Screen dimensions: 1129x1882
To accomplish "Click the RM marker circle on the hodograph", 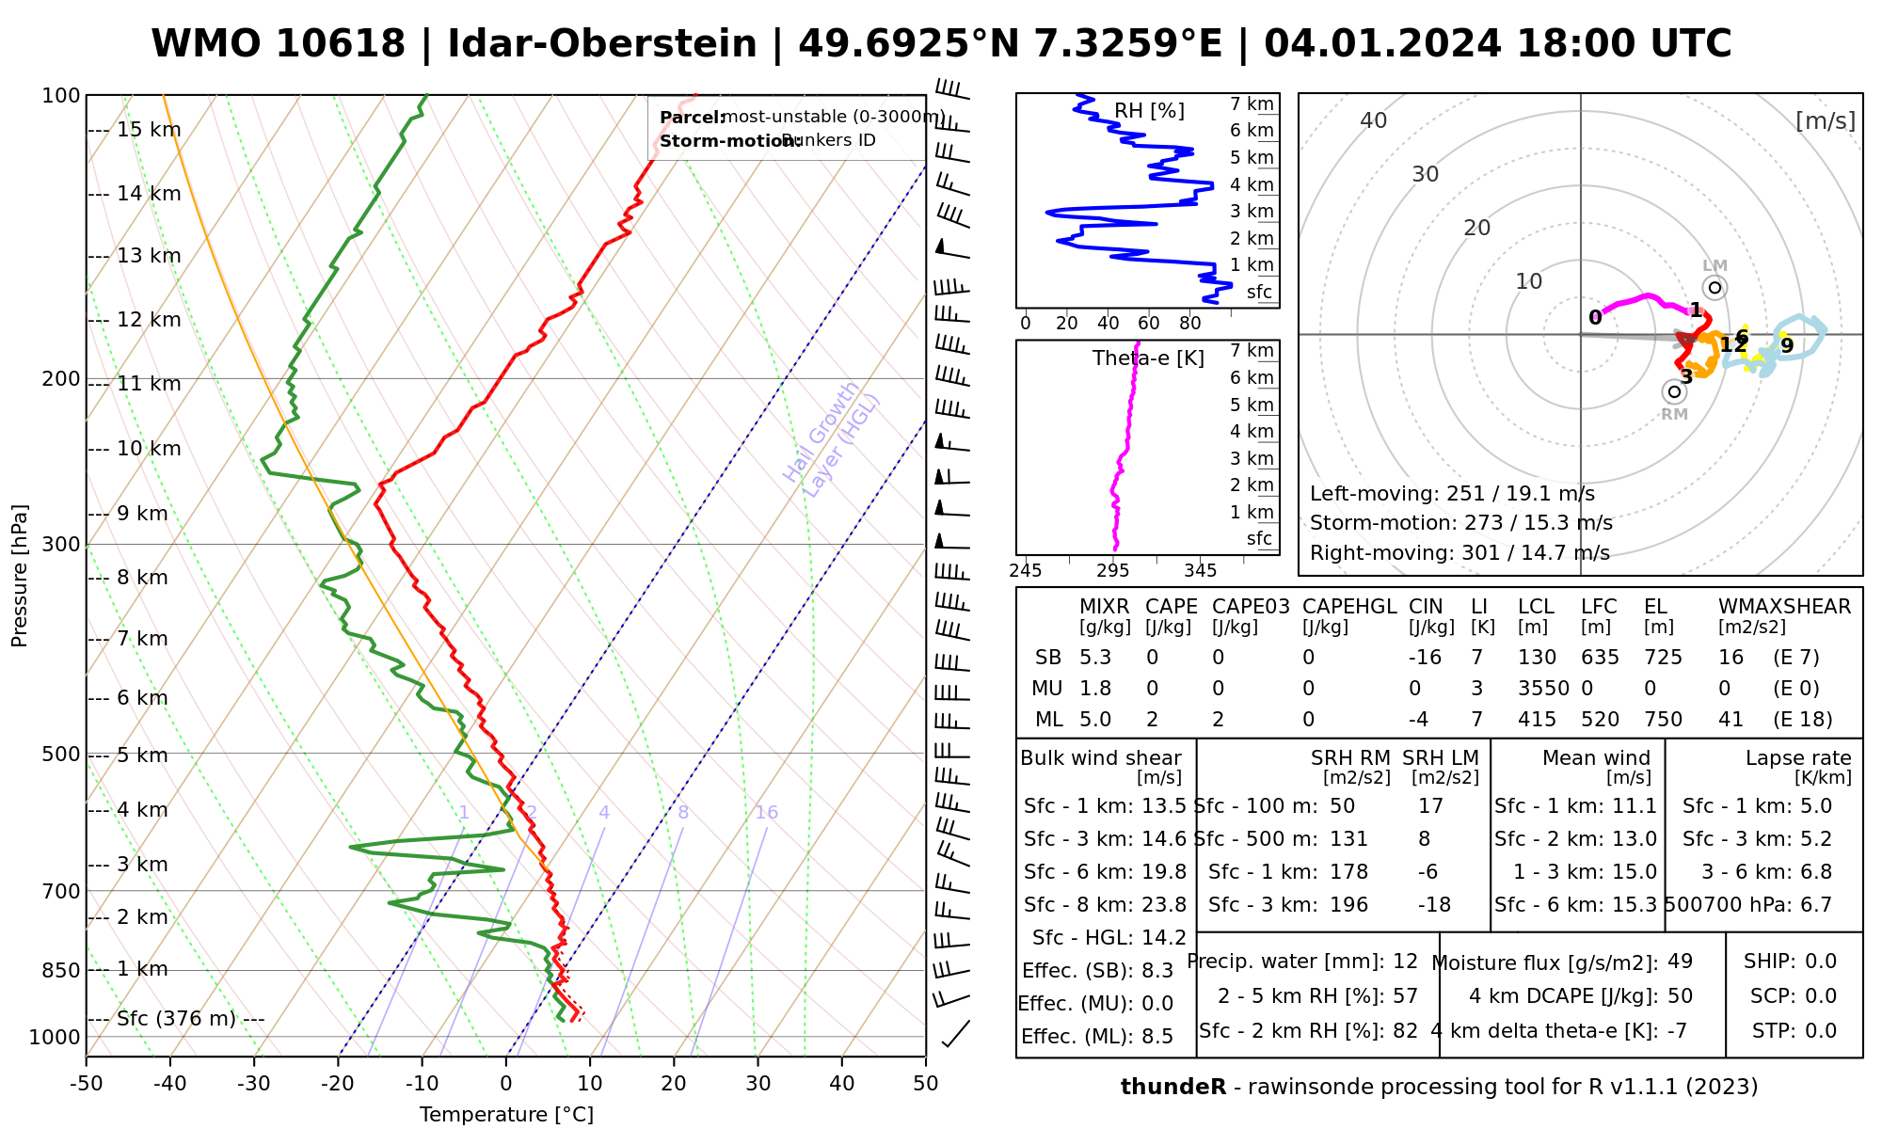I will [x=1674, y=391].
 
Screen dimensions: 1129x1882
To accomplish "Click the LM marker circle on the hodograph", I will [x=1715, y=288].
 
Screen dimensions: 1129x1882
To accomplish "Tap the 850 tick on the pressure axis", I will [x=63, y=970].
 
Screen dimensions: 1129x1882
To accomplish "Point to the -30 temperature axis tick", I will [x=254, y=1083].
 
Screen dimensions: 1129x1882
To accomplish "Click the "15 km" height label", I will [x=148, y=130].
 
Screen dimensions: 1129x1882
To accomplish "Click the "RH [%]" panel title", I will [x=1149, y=111].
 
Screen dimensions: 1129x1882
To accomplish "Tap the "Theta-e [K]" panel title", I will [x=1148, y=358].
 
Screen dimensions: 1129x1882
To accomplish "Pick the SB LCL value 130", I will [x=1537, y=658].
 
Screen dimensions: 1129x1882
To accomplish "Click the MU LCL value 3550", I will [x=1543, y=689].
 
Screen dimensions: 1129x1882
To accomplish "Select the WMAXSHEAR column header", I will [x=1784, y=607].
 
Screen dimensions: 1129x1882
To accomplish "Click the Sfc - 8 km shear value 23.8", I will [x=1164, y=905].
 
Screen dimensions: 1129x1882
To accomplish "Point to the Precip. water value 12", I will [x=1405, y=962].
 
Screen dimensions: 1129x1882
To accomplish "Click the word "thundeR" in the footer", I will [x=1172, y=1088].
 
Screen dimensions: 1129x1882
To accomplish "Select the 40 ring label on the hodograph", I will [x=1374, y=120].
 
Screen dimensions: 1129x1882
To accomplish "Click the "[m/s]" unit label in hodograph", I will [x=1825, y=121].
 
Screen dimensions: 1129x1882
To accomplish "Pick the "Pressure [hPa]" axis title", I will [x=20, y=576].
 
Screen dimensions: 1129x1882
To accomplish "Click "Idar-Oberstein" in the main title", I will [x=601, y=44].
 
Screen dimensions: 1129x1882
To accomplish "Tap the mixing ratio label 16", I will [x=766, y=813].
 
